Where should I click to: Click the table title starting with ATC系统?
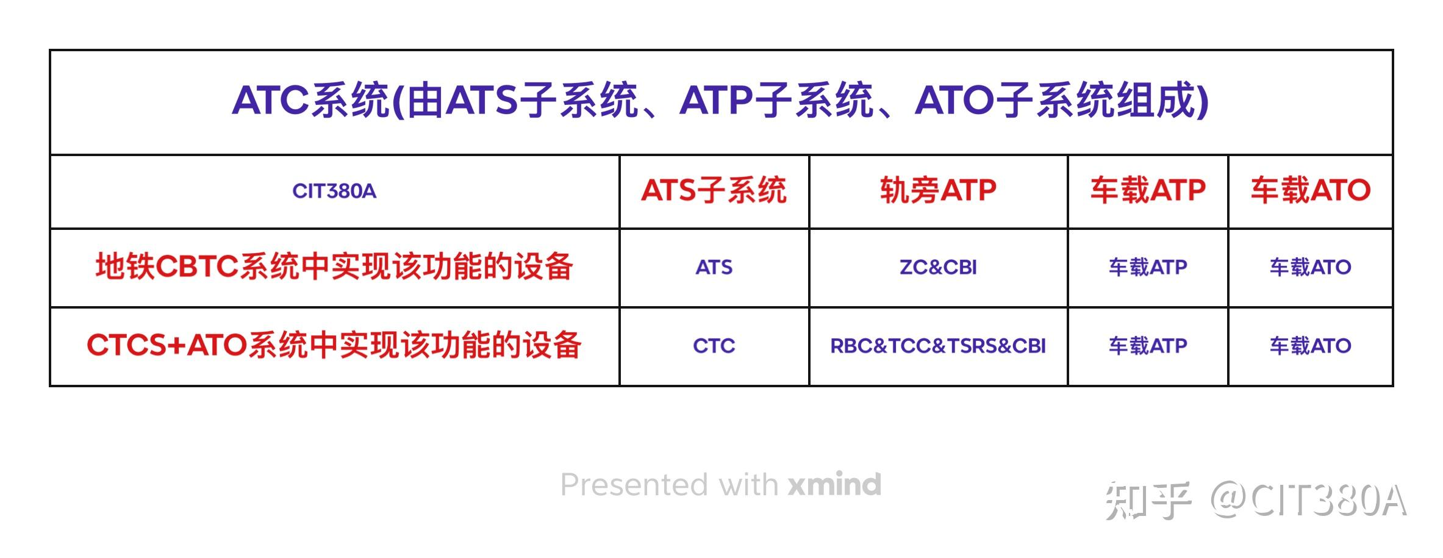coord(720,101)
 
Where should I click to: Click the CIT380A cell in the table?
coord(334,191)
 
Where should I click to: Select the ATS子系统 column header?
coord(714,190)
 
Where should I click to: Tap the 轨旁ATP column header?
coord(937,190)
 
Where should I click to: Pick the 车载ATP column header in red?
coord(1147,190)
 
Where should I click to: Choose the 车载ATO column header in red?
coord(1310,190)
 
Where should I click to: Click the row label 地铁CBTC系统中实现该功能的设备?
coord(334,267)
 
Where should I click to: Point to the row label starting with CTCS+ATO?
coord(334,346)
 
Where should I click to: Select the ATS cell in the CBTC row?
coord(714,267)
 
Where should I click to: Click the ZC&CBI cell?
coord(937,267)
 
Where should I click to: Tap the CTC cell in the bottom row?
coord(714,346)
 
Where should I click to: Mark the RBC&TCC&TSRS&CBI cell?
coord(937,346)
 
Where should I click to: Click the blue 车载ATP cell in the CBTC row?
coord(1147,267)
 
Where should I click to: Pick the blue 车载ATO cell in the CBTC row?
coord(1310,267)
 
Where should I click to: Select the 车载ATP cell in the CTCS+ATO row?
coord(1147,346)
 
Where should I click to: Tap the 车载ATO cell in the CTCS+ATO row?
coord(1310,346)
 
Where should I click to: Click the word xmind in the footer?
coord(834,485)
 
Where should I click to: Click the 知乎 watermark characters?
coord(1147,500)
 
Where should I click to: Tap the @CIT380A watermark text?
coord(1309,500)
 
